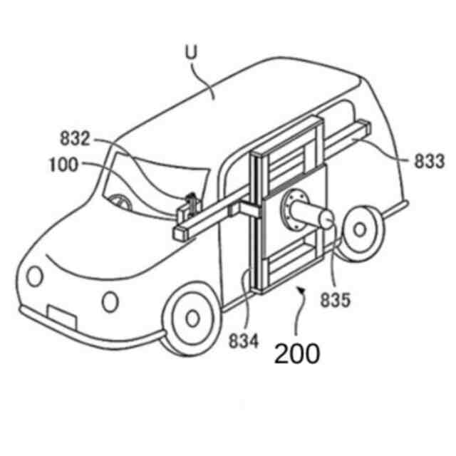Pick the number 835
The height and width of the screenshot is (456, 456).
pos(335,300)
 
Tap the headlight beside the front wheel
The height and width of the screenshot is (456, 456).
pos(109,301)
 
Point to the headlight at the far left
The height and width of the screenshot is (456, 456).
pos(32,274)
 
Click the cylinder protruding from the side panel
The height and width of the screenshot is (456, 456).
pos(313,214)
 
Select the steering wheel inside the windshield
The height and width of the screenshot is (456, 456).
pos(123,202)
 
